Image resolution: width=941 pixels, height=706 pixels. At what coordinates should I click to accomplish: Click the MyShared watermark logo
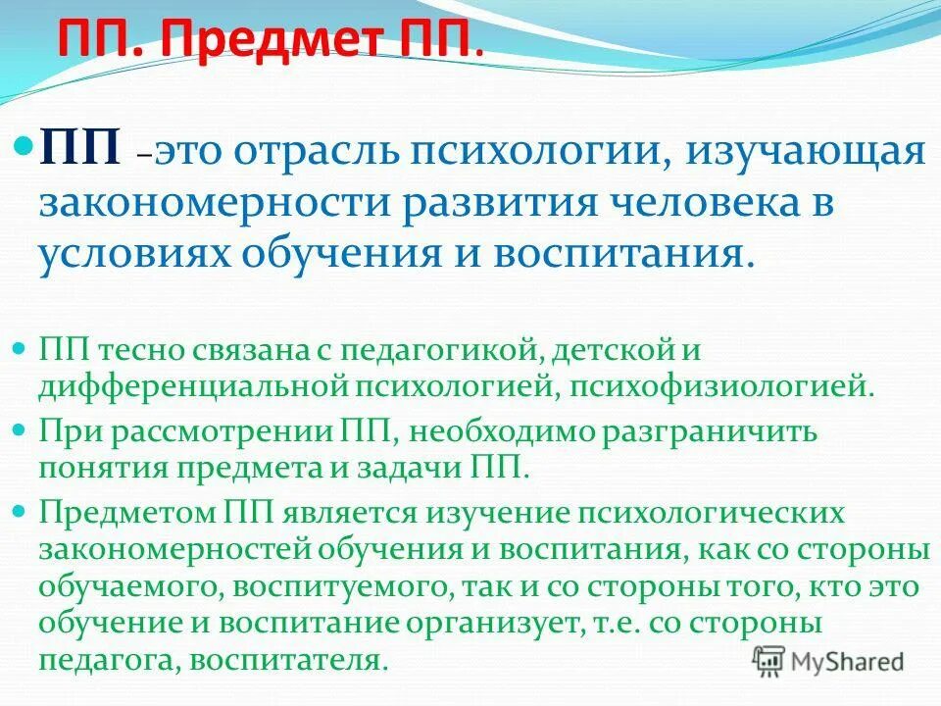tap(828, 660)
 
